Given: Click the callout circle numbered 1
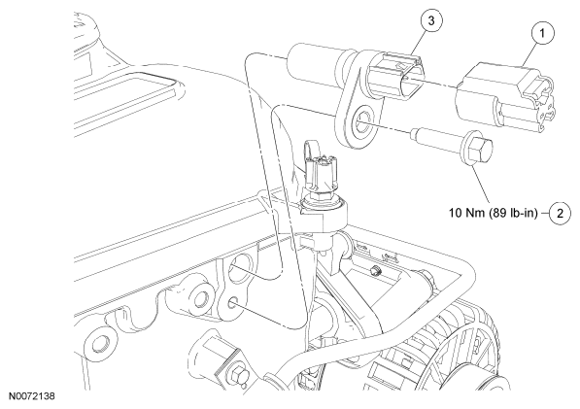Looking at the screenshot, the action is (542, 33).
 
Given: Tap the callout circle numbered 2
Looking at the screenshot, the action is (560, 214).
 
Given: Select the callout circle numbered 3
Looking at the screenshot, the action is (431, 20).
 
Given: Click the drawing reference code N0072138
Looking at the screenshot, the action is (31, 396).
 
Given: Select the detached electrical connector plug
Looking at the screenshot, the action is (505, 96).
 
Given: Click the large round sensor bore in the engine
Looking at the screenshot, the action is (242, 267).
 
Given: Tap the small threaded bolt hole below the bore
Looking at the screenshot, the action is (234, 302).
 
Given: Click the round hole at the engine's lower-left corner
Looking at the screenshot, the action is (99, 343).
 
